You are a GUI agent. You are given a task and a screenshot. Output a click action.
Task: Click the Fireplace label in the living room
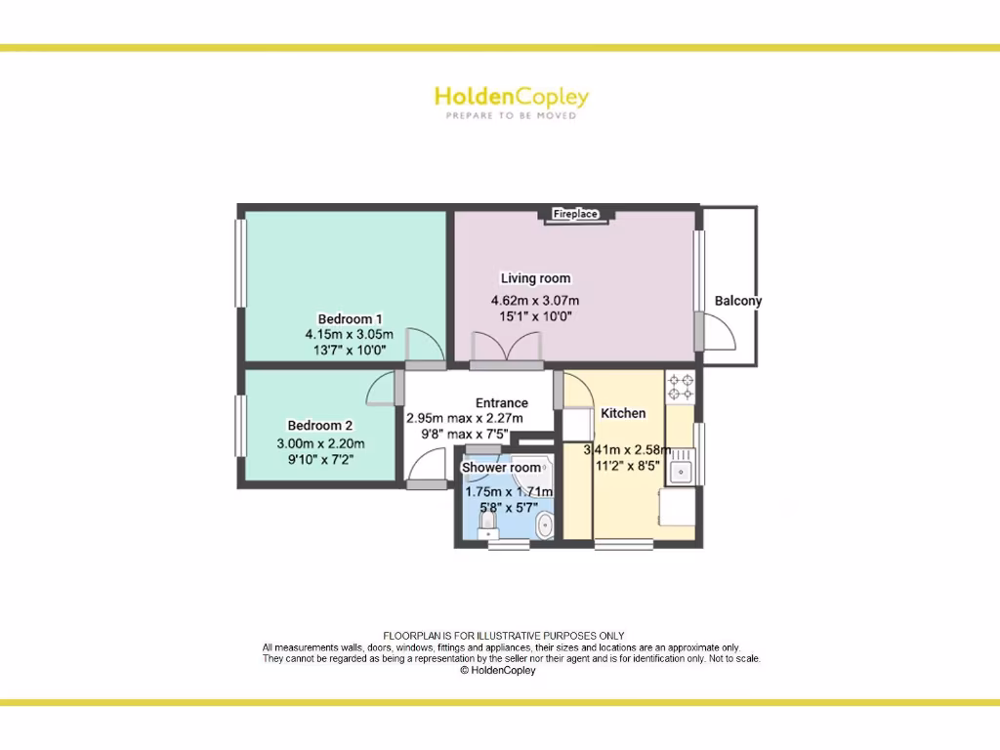[575, 214]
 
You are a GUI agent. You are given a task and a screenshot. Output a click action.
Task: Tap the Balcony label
[737, 301]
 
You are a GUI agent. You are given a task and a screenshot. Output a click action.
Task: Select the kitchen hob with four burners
[680, 388]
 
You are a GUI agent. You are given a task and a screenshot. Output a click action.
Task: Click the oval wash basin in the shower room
[545, 527]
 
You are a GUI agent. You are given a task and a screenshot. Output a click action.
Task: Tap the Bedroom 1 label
[350, 318]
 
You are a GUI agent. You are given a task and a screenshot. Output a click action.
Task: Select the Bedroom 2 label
[319, 425]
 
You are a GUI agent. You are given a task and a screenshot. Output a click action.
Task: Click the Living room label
[535, 278]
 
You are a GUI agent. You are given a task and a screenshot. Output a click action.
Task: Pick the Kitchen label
[623, 413]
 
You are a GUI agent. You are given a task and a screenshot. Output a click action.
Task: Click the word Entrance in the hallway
[501, 402]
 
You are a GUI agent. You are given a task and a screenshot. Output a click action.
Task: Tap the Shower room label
[501, 468]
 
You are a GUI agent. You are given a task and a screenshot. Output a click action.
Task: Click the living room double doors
[506, 349]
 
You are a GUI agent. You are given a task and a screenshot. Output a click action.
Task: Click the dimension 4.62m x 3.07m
[535, 301]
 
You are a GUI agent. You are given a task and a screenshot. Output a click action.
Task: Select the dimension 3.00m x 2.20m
[319, 442]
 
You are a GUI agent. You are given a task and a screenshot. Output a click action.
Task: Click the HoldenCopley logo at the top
[511, 97]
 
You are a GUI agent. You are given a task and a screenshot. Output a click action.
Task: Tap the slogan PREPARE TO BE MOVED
[511, 116]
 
